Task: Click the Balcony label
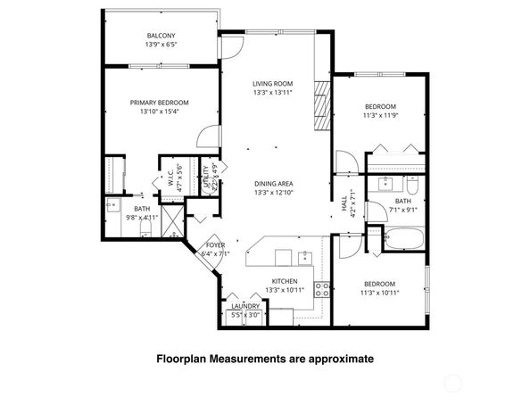[161, 36]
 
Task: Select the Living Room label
[273, 84]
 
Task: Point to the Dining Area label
[273, 184]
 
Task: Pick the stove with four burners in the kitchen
[323, 289]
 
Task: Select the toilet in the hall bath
[412, 186]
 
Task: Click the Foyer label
[215, 244]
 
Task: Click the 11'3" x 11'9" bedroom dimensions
[379, 114]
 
